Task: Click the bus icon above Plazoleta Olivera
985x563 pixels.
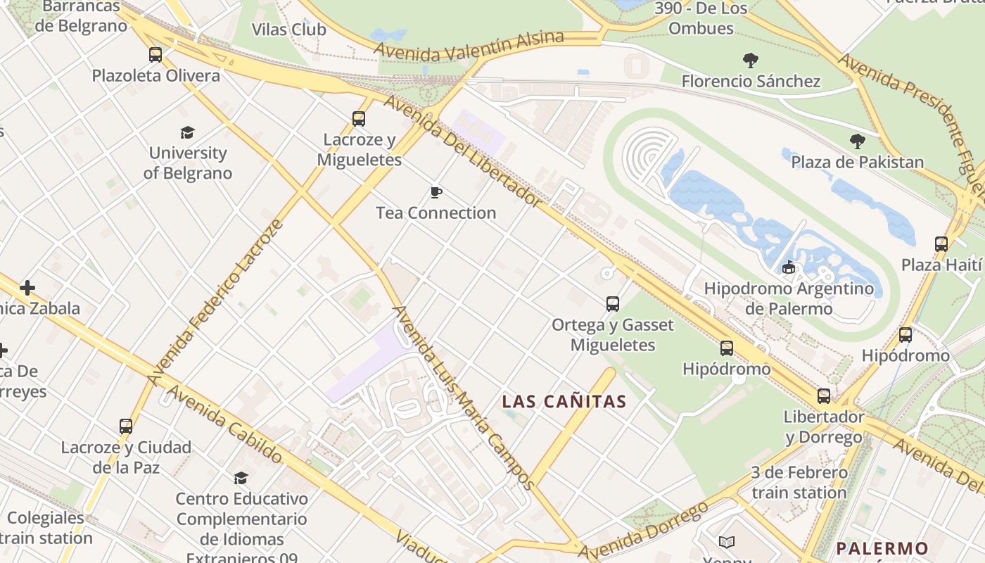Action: [155, 55]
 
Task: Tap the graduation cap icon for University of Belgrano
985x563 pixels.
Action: [187, 132]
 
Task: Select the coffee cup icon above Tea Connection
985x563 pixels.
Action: [436, 192]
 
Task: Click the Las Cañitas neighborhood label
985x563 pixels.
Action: [564, 402]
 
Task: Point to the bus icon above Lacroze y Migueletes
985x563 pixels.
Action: [359, 119]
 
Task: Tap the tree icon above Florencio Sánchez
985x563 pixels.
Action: [751, 61]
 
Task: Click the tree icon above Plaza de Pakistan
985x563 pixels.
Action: [857, 141]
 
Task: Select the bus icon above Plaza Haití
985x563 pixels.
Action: [941, 244]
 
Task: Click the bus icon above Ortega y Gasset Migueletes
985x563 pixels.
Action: [613, 304]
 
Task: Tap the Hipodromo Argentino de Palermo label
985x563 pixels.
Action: [789, 298]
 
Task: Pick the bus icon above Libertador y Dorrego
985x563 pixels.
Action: [824, 396]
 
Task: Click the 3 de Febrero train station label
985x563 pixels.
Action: [799, 483]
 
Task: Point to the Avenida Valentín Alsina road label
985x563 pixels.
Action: [469, 45]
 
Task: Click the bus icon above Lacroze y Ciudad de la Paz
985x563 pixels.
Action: [126, 426]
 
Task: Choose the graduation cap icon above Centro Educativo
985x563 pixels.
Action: [241, 479]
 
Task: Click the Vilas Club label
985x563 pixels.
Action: [288, 30]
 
